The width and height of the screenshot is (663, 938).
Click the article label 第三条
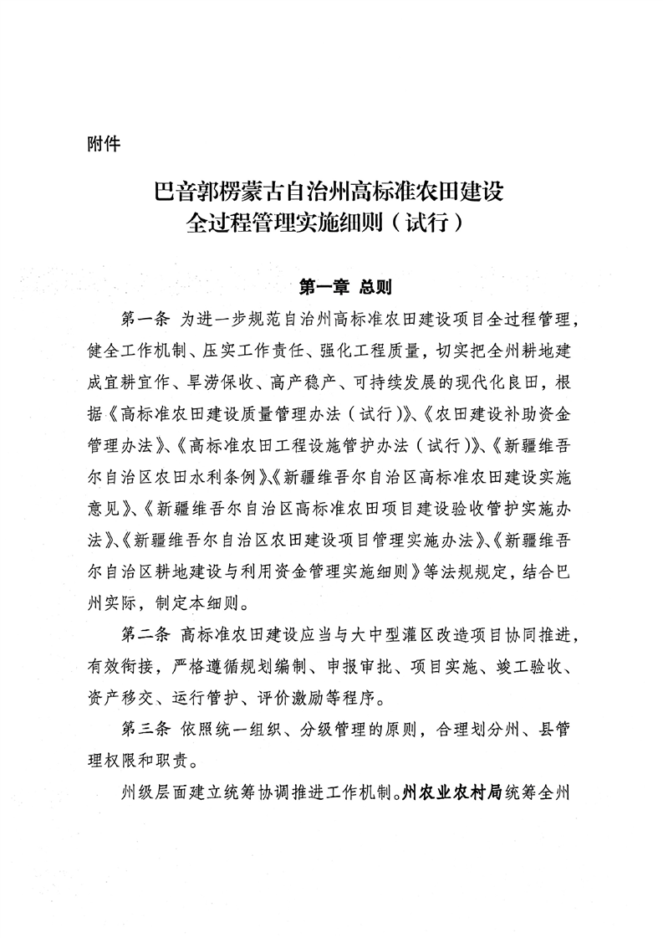point(145,727)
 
